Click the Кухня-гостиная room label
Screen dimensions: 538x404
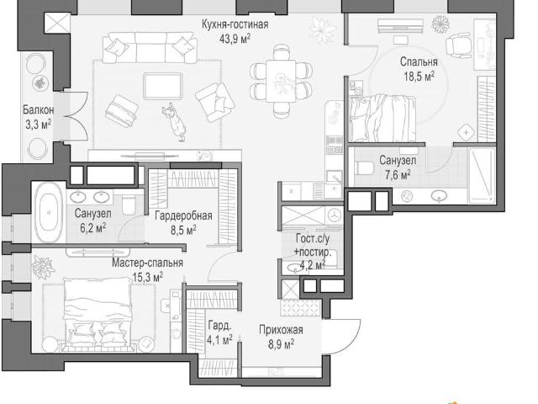tap(235, 24)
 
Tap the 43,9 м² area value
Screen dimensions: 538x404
tap(235, 38)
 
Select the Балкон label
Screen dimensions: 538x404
tap(38, 109)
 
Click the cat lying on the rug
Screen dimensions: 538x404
tap(174, 121)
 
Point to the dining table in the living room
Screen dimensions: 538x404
tap(281, 81)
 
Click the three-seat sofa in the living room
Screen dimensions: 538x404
tap(150, 48)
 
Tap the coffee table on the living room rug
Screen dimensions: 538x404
tap(162, 86)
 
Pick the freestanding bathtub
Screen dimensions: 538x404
tap(49, 213)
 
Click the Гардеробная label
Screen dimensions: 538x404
tap(183, 215)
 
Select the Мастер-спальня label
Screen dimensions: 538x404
tap(148, 263)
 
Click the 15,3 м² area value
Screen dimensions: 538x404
tap(148, 277)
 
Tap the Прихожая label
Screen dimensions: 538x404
tap(281, 330)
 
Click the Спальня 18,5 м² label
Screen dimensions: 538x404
tap(419, 69)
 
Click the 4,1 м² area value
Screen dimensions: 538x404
tap(219, 340)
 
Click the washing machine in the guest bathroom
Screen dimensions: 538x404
tap(334, 215)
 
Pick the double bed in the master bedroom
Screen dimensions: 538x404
tap(98, 313)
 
